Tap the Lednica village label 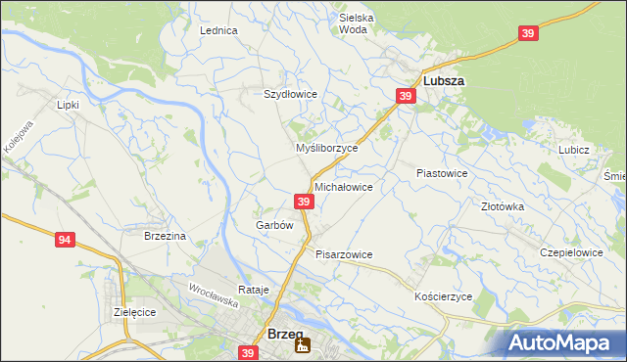coord(219,30)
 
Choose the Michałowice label coord(343,186)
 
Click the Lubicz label coord(573,150)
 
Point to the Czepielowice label coord(571,251)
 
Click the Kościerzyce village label coord(444,295)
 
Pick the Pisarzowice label coord(344,254)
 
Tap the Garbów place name coord(274,224)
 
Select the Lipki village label coord(68,104)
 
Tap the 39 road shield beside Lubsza coord(407,95)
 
